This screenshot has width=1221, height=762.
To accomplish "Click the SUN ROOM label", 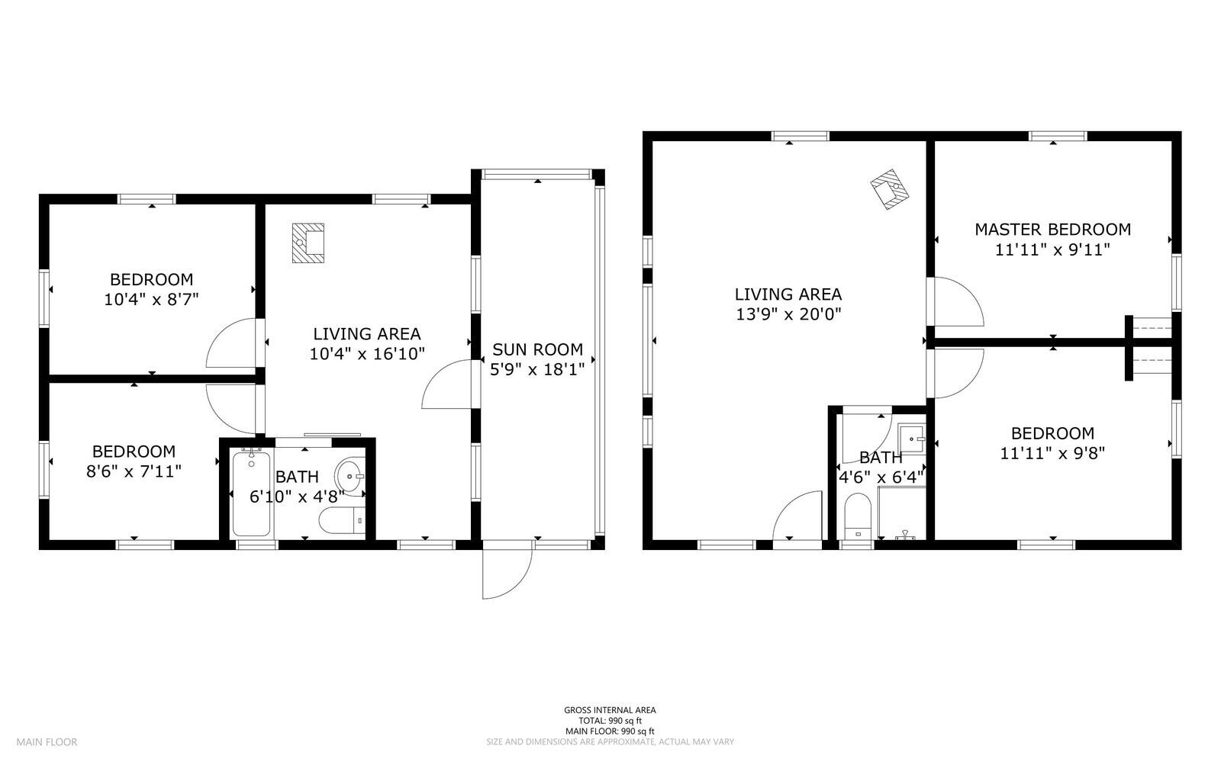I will coord(537,349).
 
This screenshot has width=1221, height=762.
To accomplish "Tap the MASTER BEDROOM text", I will coord(1052,229).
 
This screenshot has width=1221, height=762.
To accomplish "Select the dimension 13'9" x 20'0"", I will coord(788,313).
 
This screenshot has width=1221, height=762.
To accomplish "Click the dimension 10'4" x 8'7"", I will coord(151,299).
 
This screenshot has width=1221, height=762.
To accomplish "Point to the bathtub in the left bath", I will coord(251,493).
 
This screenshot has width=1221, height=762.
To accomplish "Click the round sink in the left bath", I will coord(350,476).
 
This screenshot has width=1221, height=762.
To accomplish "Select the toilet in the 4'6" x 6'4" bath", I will coord(858,517).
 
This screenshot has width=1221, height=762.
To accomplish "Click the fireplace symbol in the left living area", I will coord(308,243).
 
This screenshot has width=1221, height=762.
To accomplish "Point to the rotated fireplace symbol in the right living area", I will coord(891,189).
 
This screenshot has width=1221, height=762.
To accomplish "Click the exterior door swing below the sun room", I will coord(507,573).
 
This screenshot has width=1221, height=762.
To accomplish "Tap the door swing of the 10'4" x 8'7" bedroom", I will coord(233,344).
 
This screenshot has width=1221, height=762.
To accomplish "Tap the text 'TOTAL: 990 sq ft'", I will coord(610,720).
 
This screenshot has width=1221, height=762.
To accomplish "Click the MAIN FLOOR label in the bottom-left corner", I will coord(47,741).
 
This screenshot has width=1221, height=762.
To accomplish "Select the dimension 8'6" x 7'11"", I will coord(134,471).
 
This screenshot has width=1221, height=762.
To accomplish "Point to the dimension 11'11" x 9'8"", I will coord(1052,453).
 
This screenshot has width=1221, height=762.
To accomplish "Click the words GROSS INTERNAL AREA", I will coord(610,709).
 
